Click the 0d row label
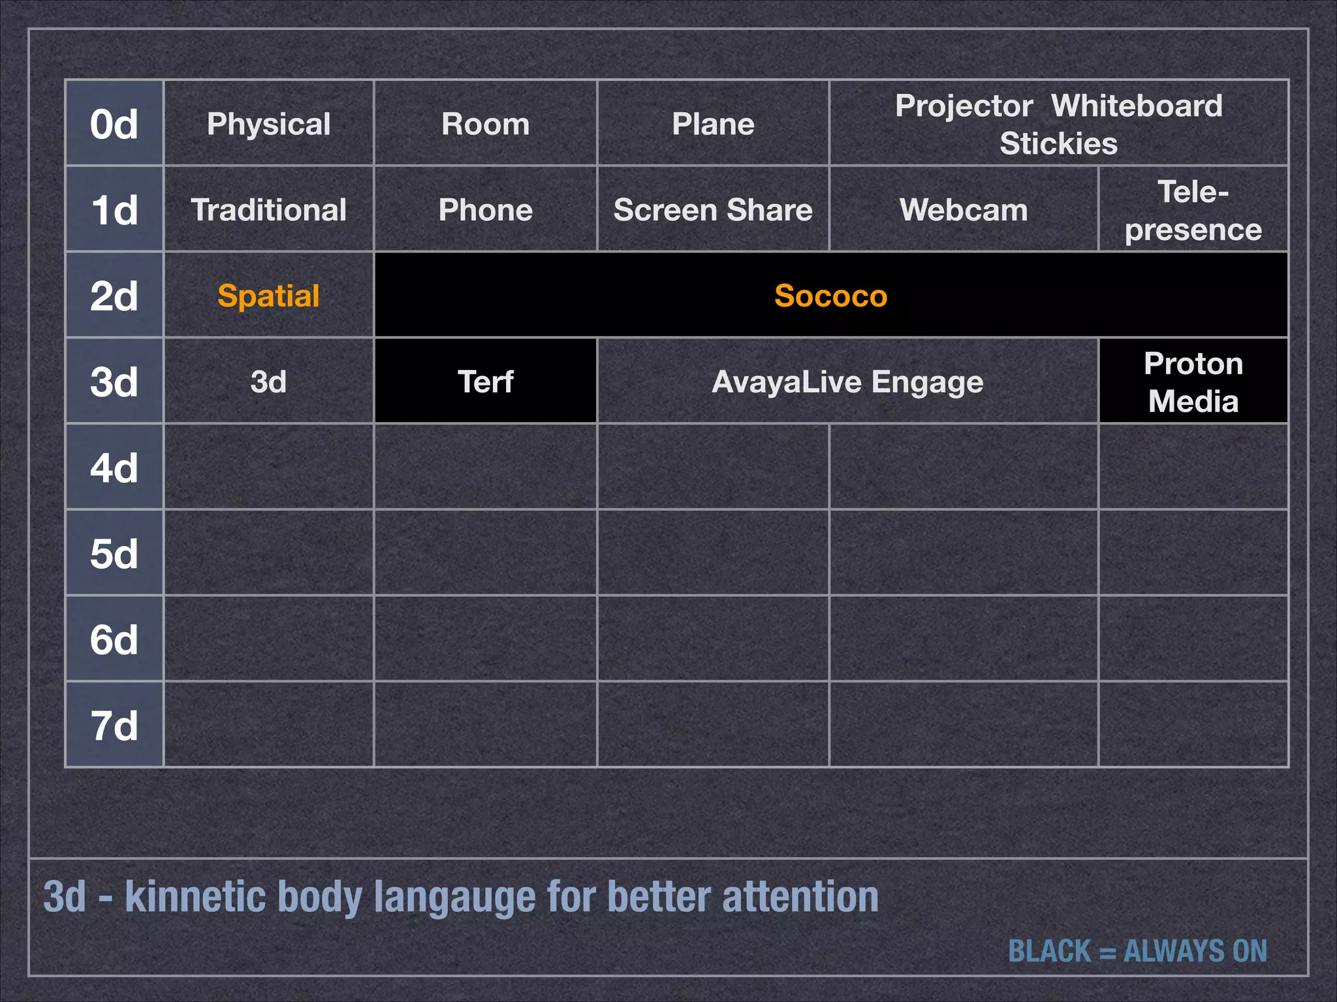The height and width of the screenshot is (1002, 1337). [114, 124]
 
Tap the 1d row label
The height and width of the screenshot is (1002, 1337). [114, 210]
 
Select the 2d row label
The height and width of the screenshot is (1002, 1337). [114, 296]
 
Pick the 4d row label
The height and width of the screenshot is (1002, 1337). [114, 468]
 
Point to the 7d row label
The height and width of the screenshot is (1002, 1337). [114, 725]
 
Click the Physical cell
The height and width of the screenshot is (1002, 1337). [268, 124]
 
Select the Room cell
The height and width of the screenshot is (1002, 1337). [485, 124]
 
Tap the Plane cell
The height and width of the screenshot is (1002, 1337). [713, 124]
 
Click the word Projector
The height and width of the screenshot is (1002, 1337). [964, 106]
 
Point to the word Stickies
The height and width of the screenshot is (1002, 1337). [1058, 144]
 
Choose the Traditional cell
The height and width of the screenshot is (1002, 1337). [268, 210]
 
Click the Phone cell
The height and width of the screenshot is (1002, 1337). [485, 210]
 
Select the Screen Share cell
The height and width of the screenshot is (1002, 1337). [713, 210]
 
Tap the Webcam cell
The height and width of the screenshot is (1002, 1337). [964, 210]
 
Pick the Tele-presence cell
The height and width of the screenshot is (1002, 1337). [1193, 210]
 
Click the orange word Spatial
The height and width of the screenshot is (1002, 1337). [268, 296]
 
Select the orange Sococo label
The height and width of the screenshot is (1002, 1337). [830, 296]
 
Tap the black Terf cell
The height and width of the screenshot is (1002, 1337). [485, 382]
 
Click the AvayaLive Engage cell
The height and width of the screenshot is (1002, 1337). [847, 382]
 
